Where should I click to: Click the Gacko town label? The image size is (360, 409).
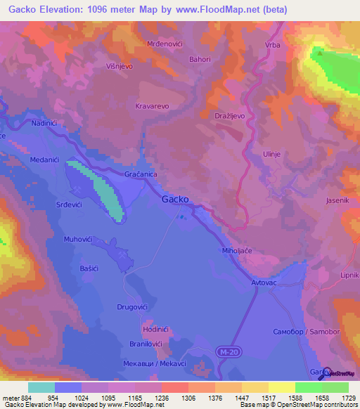tap(175, 199)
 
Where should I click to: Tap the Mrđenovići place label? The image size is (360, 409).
tap(165, 44)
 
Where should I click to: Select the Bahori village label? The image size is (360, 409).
tap(200, 60)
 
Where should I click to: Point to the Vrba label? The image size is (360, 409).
tap(273, 46)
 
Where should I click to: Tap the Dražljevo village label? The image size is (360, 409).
tap(229, 114)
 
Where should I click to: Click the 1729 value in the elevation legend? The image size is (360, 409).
tap(349, 398)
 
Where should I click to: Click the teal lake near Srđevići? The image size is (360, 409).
tap(98, 190)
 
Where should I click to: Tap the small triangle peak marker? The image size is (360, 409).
tap(320, 51)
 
